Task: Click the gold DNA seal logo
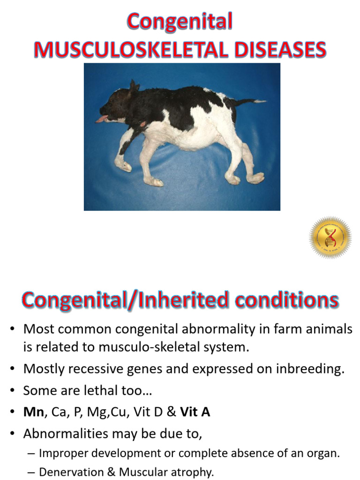tap(330, 238)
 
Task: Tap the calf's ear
tap(134, 87)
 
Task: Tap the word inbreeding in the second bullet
tap(308, 369)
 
